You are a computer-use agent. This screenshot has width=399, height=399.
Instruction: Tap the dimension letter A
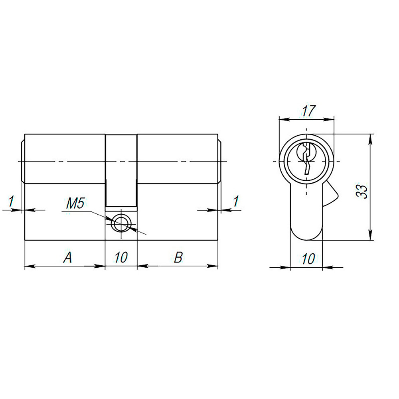(x=68, y=258)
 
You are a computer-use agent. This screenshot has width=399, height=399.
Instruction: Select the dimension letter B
(x=178, y=258)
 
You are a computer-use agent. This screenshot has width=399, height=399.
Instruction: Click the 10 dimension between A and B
(x=121, y=258)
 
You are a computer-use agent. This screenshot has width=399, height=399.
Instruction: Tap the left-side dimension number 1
(x=11, y=201)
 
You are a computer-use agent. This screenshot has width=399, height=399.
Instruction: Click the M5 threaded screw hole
(x=121, y=223)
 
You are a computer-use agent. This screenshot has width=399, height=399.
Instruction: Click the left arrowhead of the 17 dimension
(x=282, y=119)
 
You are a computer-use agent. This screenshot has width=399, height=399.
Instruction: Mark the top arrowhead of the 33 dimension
(x=371, y=138)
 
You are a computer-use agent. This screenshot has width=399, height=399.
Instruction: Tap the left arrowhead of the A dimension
(x=28, y=266)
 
